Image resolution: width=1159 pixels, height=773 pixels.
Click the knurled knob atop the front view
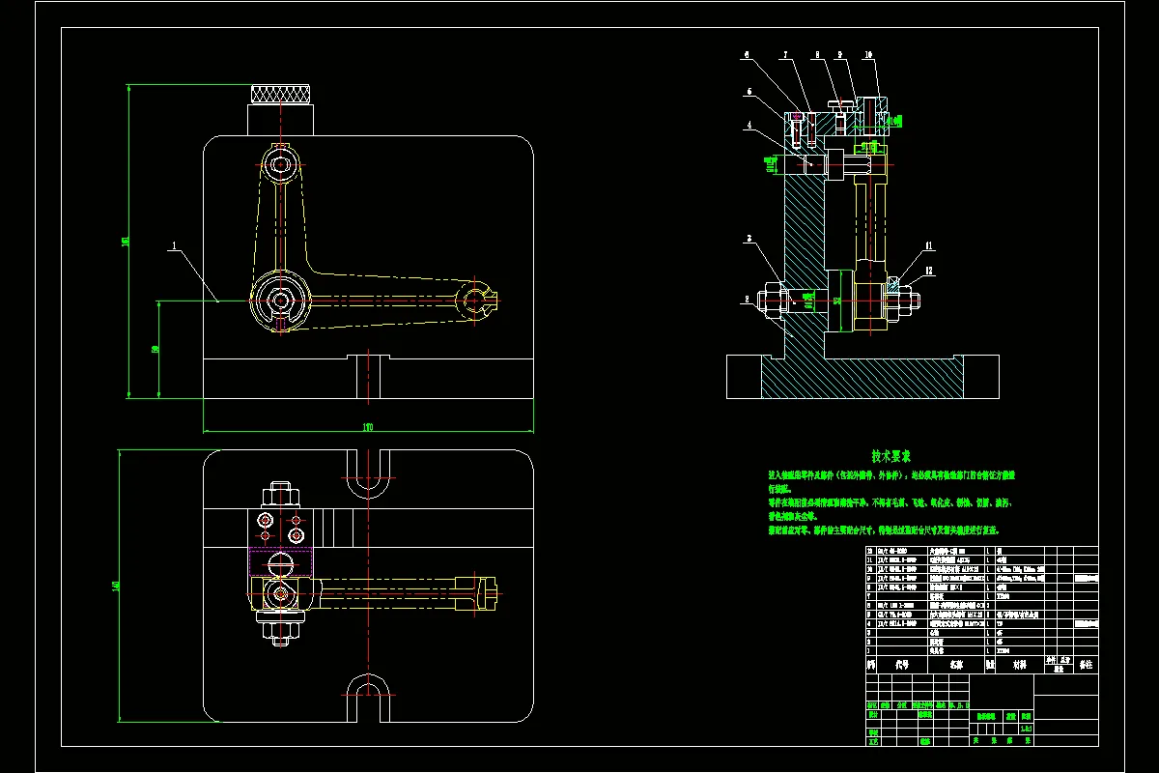point(281,95)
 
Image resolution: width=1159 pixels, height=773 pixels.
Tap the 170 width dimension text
point(368,425)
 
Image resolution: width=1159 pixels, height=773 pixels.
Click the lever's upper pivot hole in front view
point(281,165)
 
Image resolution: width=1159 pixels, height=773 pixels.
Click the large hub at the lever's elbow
point(280,301)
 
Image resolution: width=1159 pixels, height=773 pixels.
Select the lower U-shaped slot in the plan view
point(368,698)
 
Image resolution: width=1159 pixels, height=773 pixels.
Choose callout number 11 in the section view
point(929,245)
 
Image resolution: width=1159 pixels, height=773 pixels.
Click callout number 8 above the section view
point(816,55)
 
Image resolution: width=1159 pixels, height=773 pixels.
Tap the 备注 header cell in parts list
point(1085,665)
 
